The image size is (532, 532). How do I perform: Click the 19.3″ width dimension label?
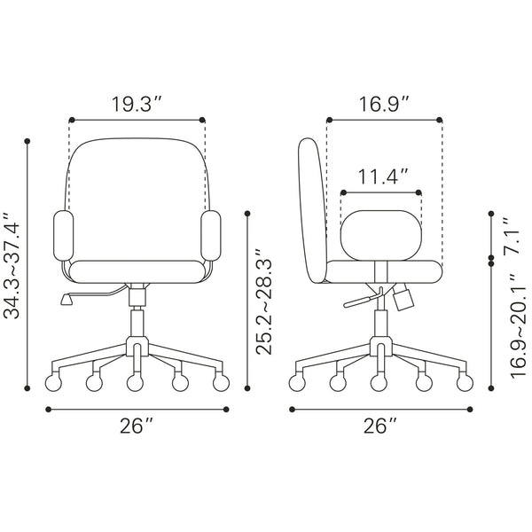pos(137,104)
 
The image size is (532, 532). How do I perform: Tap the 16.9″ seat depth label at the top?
pos(384,104)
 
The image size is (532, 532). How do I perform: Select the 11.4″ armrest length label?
pos(383,176)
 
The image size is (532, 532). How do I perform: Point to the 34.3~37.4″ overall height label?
pos(12,266)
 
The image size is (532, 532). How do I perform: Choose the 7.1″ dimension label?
pos(512,236)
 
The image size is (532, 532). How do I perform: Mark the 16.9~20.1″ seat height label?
pos(518,325)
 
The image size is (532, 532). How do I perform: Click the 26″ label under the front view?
pos(137,426)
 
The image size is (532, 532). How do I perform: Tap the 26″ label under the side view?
pos(380,426)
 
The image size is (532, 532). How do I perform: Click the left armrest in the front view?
pos(64,236)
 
